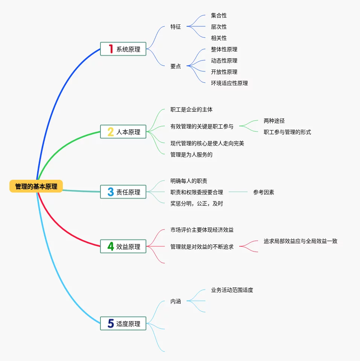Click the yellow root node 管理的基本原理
pyautogui.click(x=36, y=187)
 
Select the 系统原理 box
pyautogui.click(x=123, y=49)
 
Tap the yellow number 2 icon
pyautogui.click(x=111, y=132)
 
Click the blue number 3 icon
pyautogui.click(x=111, y=192)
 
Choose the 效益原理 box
pyautogui.click(x=123, y=247)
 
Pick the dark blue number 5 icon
pyautogui.click(x=111, y=323)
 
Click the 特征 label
pyautogui.click(x=176, y=27)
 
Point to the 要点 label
pyautogui.click(x=176, y=66)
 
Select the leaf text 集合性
pyautogui.click(x=219, y=15)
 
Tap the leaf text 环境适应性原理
pyautogui.click(x=229, y=83)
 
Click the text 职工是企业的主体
pyautogui.click(x=191, y=109)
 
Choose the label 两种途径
pyautogui.click(x=274, y=121)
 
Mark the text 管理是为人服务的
pyautogui.click(x=191, y=155)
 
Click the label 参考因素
pyautogui.click(x=264, y=192)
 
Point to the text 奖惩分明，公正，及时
pyautogui.click(x=197, y=203)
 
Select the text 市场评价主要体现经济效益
pyautogui.click(x=202, y=230)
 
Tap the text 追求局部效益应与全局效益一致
pyautogui.click(x=301, y=241)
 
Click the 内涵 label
pyautogui.click(x=176, y=301)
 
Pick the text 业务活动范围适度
pyautogui.click(x=232, y=290)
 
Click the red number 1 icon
pyautogui.click(x=111, y=49)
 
